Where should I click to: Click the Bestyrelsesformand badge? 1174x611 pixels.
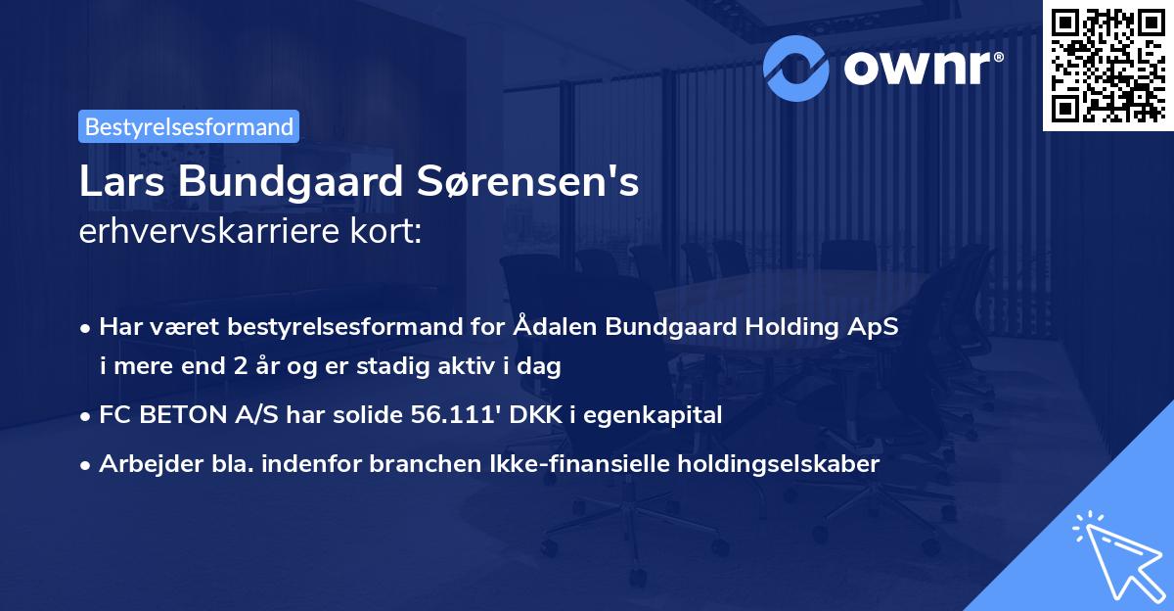click(x=189, y=126)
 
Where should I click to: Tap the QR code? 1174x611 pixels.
click(x=1106, y=64)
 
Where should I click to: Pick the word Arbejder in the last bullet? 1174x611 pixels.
click(x=142, y=464)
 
